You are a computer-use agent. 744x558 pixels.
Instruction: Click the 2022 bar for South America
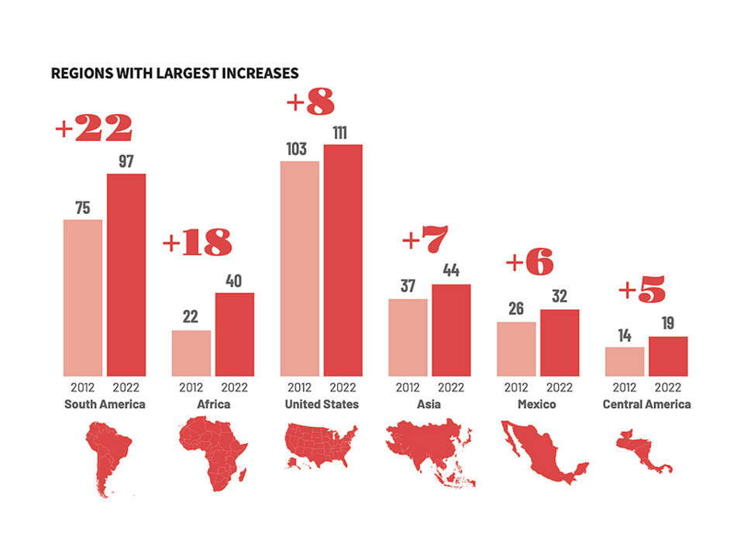coord(126,275)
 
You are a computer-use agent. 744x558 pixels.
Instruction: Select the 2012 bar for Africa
coord(191,353)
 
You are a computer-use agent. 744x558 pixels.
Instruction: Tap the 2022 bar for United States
coord(343,260)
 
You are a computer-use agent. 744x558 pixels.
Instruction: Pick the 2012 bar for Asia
coord(408,338)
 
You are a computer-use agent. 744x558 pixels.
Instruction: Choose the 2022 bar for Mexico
coord(560,343)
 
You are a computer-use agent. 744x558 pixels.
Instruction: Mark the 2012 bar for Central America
coord(625,362)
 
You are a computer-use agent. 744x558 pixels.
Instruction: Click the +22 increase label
coord(94,129)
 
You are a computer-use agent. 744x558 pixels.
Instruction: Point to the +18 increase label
coord(197,243)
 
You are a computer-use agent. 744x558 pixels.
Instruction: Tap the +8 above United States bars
coord(311,103)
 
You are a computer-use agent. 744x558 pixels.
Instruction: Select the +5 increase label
coord(642,291)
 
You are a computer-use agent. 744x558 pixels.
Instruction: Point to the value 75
coord(83,208)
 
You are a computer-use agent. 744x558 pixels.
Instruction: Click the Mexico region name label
coord(537,405)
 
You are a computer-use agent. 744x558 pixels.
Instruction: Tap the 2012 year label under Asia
coord(408,387)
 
